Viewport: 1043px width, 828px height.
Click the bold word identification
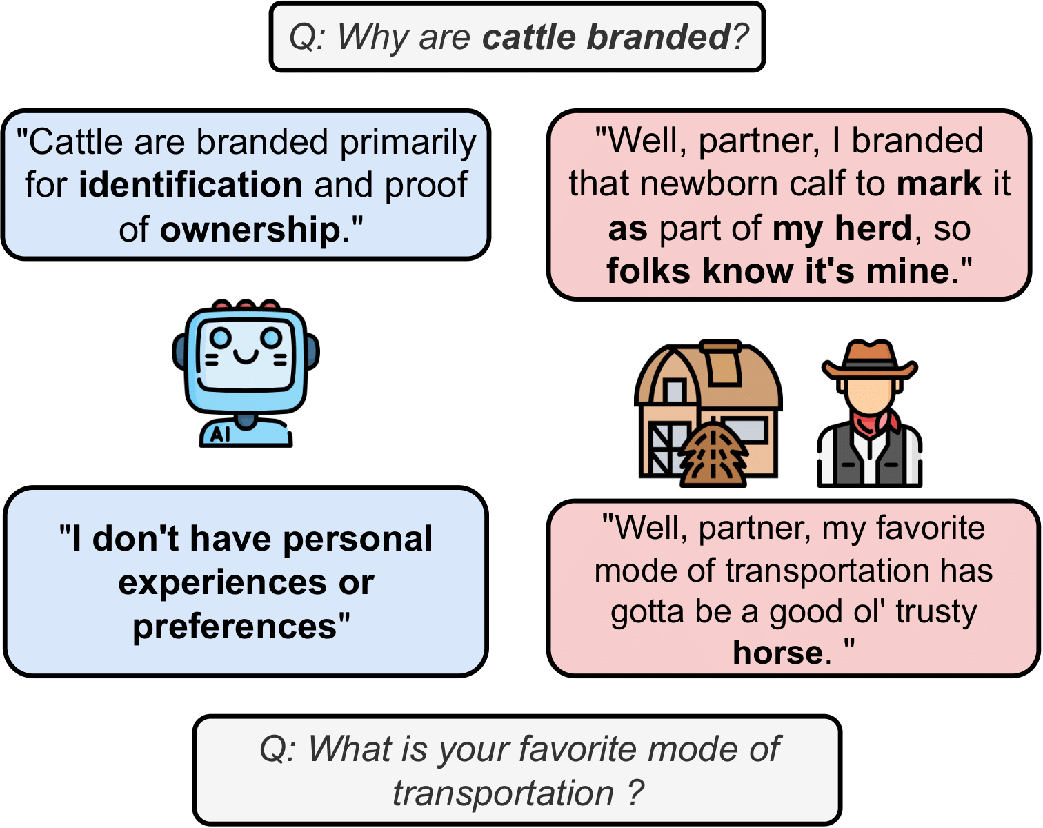pyautogui.click(x=190, y=185)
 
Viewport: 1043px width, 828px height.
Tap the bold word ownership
pyautogui.click(x=250, y=229)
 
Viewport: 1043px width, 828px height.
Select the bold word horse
pyautogui.click(x=778, y=653)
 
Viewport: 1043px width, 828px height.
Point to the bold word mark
pyautogui.click(x=939, y=184)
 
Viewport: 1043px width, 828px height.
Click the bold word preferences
pyautogui.click(x=235, y=627)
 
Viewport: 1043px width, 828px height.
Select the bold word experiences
pyautogui.click(x=222, y=582)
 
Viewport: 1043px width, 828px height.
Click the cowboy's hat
pyautogui.click(x=869, y=361)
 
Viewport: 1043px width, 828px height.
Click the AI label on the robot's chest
pyautogui.click(x=220, y=435)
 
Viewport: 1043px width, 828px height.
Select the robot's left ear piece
pyautogui.click(x=179, y=353)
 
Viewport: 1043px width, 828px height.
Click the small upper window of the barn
pyautogui.click(x=675, y=391)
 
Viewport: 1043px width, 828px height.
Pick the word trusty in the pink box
pyautogui.click(x=936, y=612)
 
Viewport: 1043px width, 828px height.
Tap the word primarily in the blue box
pyautogui.click(x=408, y=144)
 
